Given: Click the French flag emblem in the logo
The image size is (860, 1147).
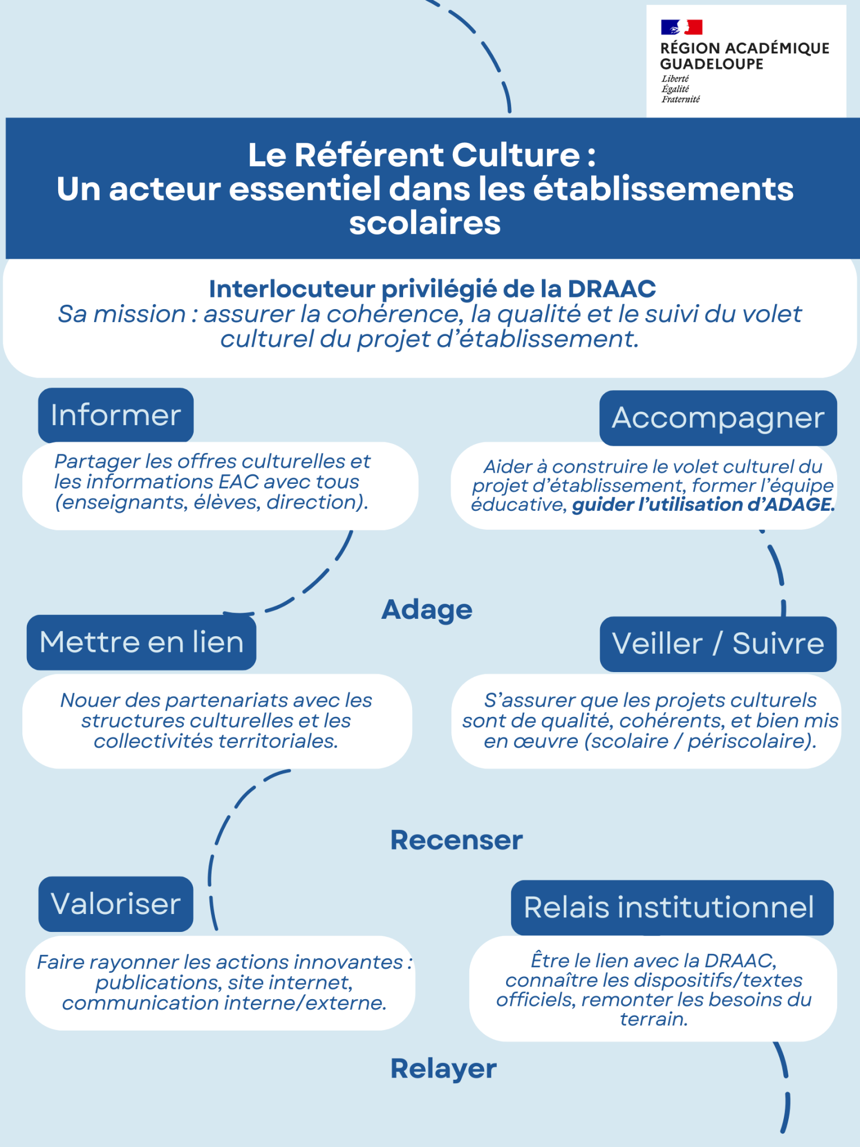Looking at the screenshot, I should (x=681, y=27).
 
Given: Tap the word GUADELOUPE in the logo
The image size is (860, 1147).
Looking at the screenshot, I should (x=712, y=64).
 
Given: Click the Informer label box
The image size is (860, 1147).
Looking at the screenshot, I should (x=116, y=415).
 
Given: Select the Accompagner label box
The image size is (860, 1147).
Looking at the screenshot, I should (x=718, y=418).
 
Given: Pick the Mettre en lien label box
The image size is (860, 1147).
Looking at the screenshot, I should (x=141, y=642).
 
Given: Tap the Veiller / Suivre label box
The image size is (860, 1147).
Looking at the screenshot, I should (x=718, y=644).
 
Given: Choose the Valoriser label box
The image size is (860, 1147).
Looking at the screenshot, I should (x=116, y=904).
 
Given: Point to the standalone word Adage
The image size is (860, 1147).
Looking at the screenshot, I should (x=427, y=609).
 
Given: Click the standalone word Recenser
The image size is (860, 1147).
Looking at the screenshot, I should (x=456, y=840).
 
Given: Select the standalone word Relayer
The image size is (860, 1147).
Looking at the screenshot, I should (x=443, y=1069).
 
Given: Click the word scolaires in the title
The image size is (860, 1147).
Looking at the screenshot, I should (x=425, y=223).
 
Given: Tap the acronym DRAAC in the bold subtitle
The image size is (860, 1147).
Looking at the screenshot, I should (x=611, y=289).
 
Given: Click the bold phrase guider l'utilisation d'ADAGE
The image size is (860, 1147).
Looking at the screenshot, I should (x=703, y=505).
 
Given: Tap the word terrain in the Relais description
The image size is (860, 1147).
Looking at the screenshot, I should (x=653, y=1019).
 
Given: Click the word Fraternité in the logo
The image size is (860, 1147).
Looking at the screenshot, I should (x=681, y=99).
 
